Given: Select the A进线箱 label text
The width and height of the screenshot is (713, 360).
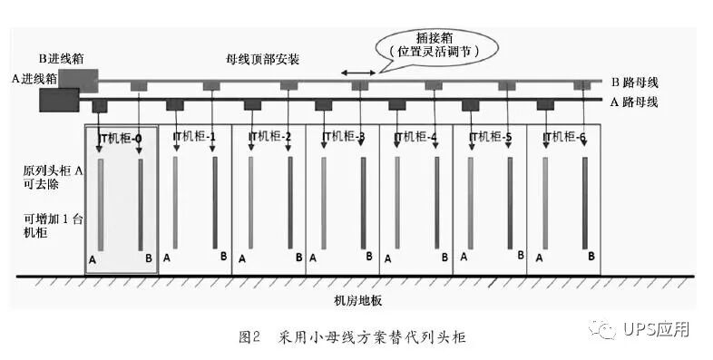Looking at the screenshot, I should click(x=34, y=79).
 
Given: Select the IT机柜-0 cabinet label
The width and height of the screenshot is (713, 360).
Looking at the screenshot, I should click(x=120, y=138).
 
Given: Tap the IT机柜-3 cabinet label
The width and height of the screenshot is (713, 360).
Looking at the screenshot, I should click(x=343, y=138).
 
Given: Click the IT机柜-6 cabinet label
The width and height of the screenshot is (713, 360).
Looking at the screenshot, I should click(x=564, y=138).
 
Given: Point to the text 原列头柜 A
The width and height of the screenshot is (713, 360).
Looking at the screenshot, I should click(x=50, y=170).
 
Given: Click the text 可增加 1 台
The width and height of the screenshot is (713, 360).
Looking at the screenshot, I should click(x=49, y=218).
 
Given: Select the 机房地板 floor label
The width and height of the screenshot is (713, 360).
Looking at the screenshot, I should click(x=357, y=300).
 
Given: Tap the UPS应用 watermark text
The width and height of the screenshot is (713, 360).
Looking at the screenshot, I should click(x=656, y=328).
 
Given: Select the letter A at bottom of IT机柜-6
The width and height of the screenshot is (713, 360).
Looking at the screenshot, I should click(x=540, y=258).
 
